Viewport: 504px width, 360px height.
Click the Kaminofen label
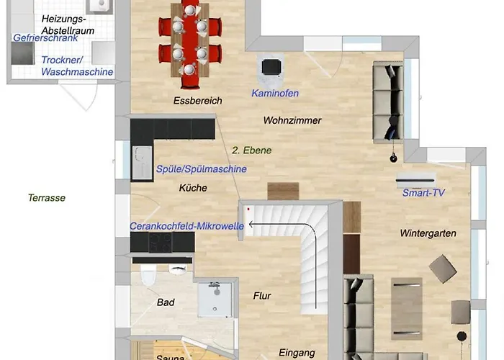(275, 93)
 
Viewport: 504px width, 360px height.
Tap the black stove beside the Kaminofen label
(271, 67)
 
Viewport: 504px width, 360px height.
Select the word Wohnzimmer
(292, 120)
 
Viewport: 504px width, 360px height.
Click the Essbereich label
(198, 101)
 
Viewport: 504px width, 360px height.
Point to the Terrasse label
(47, 198)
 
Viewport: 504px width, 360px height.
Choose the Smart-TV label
(423, 193)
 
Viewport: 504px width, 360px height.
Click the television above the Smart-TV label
(416, 180)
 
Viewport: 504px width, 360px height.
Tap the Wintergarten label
(428, 233)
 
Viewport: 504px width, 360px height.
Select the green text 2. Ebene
(252, 150)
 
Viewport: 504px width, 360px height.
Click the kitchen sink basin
(141, 162)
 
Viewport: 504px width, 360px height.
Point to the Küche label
(193, 188)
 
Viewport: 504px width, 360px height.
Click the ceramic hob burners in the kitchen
(161, 242)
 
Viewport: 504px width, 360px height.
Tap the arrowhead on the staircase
(251, 225)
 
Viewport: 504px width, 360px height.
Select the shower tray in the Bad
(215, 300)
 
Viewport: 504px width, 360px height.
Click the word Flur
(262, 296)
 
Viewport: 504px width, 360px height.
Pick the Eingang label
(297, 353)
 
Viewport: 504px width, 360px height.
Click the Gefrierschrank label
(45, 38)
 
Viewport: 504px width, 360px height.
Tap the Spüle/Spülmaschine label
(202, 169)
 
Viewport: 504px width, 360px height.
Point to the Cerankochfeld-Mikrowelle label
(186, 226)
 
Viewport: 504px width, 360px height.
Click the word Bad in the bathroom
(166, 302)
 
